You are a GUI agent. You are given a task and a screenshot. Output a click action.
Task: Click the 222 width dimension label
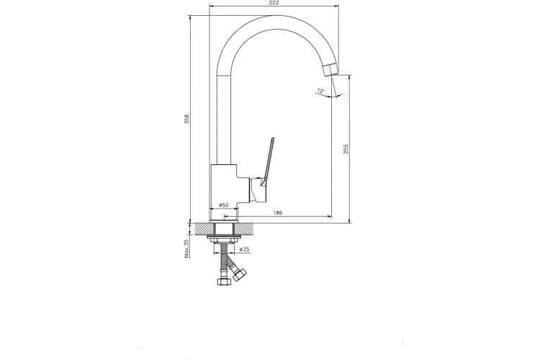tap(274, 3)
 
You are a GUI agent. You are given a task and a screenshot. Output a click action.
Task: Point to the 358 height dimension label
tap(186, 119)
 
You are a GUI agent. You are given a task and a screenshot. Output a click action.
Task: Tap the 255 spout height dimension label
tap(346, 149)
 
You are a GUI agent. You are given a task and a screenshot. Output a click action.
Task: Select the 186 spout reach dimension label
tap(278, 213)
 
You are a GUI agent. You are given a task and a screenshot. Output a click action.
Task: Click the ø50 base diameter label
tap(224, 205)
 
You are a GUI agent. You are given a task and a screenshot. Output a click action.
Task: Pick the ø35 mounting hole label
tap(244, 249)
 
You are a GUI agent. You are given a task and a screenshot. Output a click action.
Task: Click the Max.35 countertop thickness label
tap(186, 248)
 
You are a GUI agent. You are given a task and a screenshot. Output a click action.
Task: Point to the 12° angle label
tap(321, 91)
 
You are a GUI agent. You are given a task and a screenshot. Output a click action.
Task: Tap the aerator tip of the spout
tap(331, 70)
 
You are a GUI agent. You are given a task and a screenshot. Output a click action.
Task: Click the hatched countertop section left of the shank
tap(204, 229)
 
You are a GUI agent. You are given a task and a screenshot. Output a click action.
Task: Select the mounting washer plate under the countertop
tap(224, 237)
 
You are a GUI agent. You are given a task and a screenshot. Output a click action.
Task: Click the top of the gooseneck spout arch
tap(274, 22)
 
